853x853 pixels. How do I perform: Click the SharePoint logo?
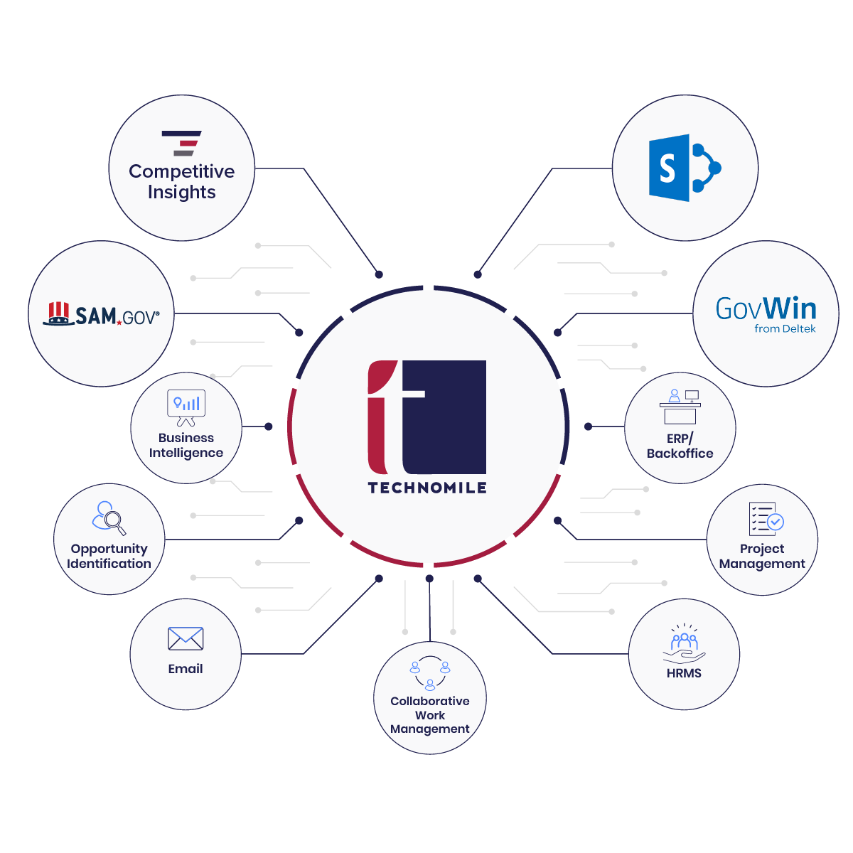[x=685, y=168]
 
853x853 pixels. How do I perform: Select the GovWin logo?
[x=766, y=314]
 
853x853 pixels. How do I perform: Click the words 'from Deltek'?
[x=785, y=329]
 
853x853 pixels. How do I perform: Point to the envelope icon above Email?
[x=186, y=638]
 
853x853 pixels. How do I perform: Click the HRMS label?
[x=684, y=673]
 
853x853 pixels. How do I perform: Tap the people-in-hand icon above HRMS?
[x=684, y=643]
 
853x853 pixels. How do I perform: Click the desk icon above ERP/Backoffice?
[x=680, y=407]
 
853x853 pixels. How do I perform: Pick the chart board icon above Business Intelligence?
[x=186, y=408]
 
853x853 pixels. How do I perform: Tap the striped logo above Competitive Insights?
[x=181, y=144]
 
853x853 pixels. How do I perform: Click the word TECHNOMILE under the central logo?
[x=427, y=488]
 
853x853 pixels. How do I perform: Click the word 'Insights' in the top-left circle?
[x=181, y=193]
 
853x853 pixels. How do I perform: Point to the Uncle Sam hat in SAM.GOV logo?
[x=58, y=314]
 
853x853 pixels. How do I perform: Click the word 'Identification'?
[x=109, y=564]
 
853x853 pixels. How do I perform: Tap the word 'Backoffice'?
[x=680, y=454]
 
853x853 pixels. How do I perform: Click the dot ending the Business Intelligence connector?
[x=268, y=426]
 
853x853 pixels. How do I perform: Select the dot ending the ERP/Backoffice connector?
[x=588, y=426]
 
